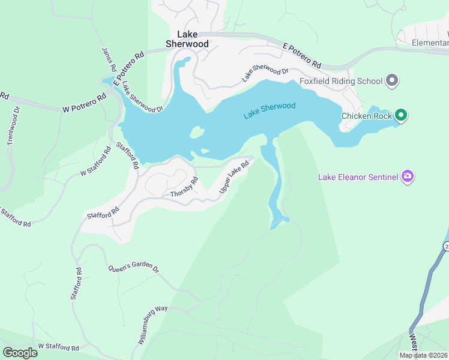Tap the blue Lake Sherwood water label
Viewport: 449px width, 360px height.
270,110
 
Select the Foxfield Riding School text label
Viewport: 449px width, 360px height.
340,81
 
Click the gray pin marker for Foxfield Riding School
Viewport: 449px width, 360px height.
392,80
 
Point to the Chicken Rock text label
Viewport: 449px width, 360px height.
367,116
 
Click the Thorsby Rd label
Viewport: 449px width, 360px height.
184,188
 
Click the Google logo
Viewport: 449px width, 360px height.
20,353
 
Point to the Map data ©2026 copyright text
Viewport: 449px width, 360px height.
424,355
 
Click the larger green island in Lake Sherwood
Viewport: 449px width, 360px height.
196,132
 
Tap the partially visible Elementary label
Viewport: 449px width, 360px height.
430,43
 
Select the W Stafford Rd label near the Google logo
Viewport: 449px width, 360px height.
58,347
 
